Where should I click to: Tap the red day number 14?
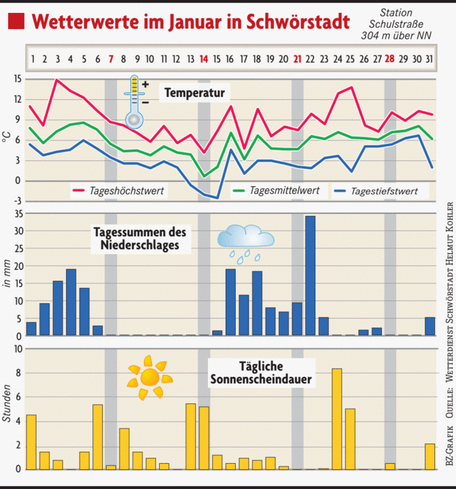coord(204,59)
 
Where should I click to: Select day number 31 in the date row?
coord(428,59)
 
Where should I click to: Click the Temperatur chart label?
coord(194,91)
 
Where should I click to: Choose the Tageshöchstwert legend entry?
coord(128,191)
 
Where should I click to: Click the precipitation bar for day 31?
coord(429,326)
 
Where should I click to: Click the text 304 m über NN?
coord(396,36)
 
